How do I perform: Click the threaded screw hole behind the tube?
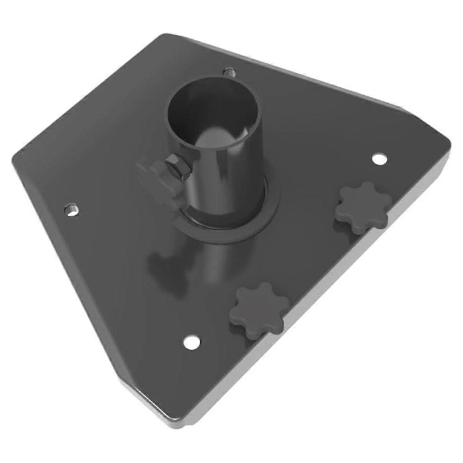coord(230,71)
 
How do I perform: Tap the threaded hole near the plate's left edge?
coord(71,209)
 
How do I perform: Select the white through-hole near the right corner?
coord(379,158)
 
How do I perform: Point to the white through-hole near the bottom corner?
coord(192,342)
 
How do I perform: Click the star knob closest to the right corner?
coord(363,208)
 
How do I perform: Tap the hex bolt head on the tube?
coord(177,166)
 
